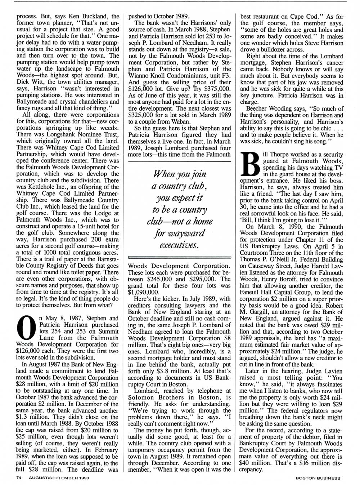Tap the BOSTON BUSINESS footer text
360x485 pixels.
[318, 478]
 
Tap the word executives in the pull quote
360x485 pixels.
[179, 245]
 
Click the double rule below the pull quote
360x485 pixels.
[179, 257]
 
